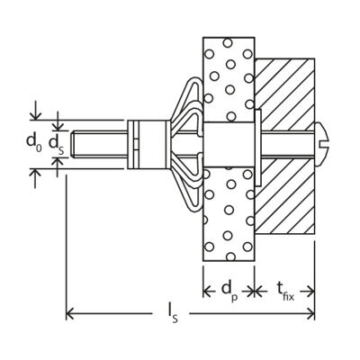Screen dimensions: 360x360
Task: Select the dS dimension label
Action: [57, 144]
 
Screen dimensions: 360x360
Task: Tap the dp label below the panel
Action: [229, 291]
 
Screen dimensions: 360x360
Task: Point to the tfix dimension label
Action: [285, 291]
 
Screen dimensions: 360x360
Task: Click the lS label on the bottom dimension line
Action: [172, 314]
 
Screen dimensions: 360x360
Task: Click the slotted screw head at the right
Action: [322, 144]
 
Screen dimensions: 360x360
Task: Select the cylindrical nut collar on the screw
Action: [147, 144]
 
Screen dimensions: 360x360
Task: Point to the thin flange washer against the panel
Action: [258, 148]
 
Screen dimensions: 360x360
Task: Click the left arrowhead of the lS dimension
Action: [69, 314]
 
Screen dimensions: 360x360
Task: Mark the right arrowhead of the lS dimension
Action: [310, 314]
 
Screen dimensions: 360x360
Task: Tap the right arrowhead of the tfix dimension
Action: [310, 291]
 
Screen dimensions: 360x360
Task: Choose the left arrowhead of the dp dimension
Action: [207, 291]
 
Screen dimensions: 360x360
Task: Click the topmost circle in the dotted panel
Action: [228, 43]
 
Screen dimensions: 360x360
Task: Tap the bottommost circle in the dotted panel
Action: [230, 256]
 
